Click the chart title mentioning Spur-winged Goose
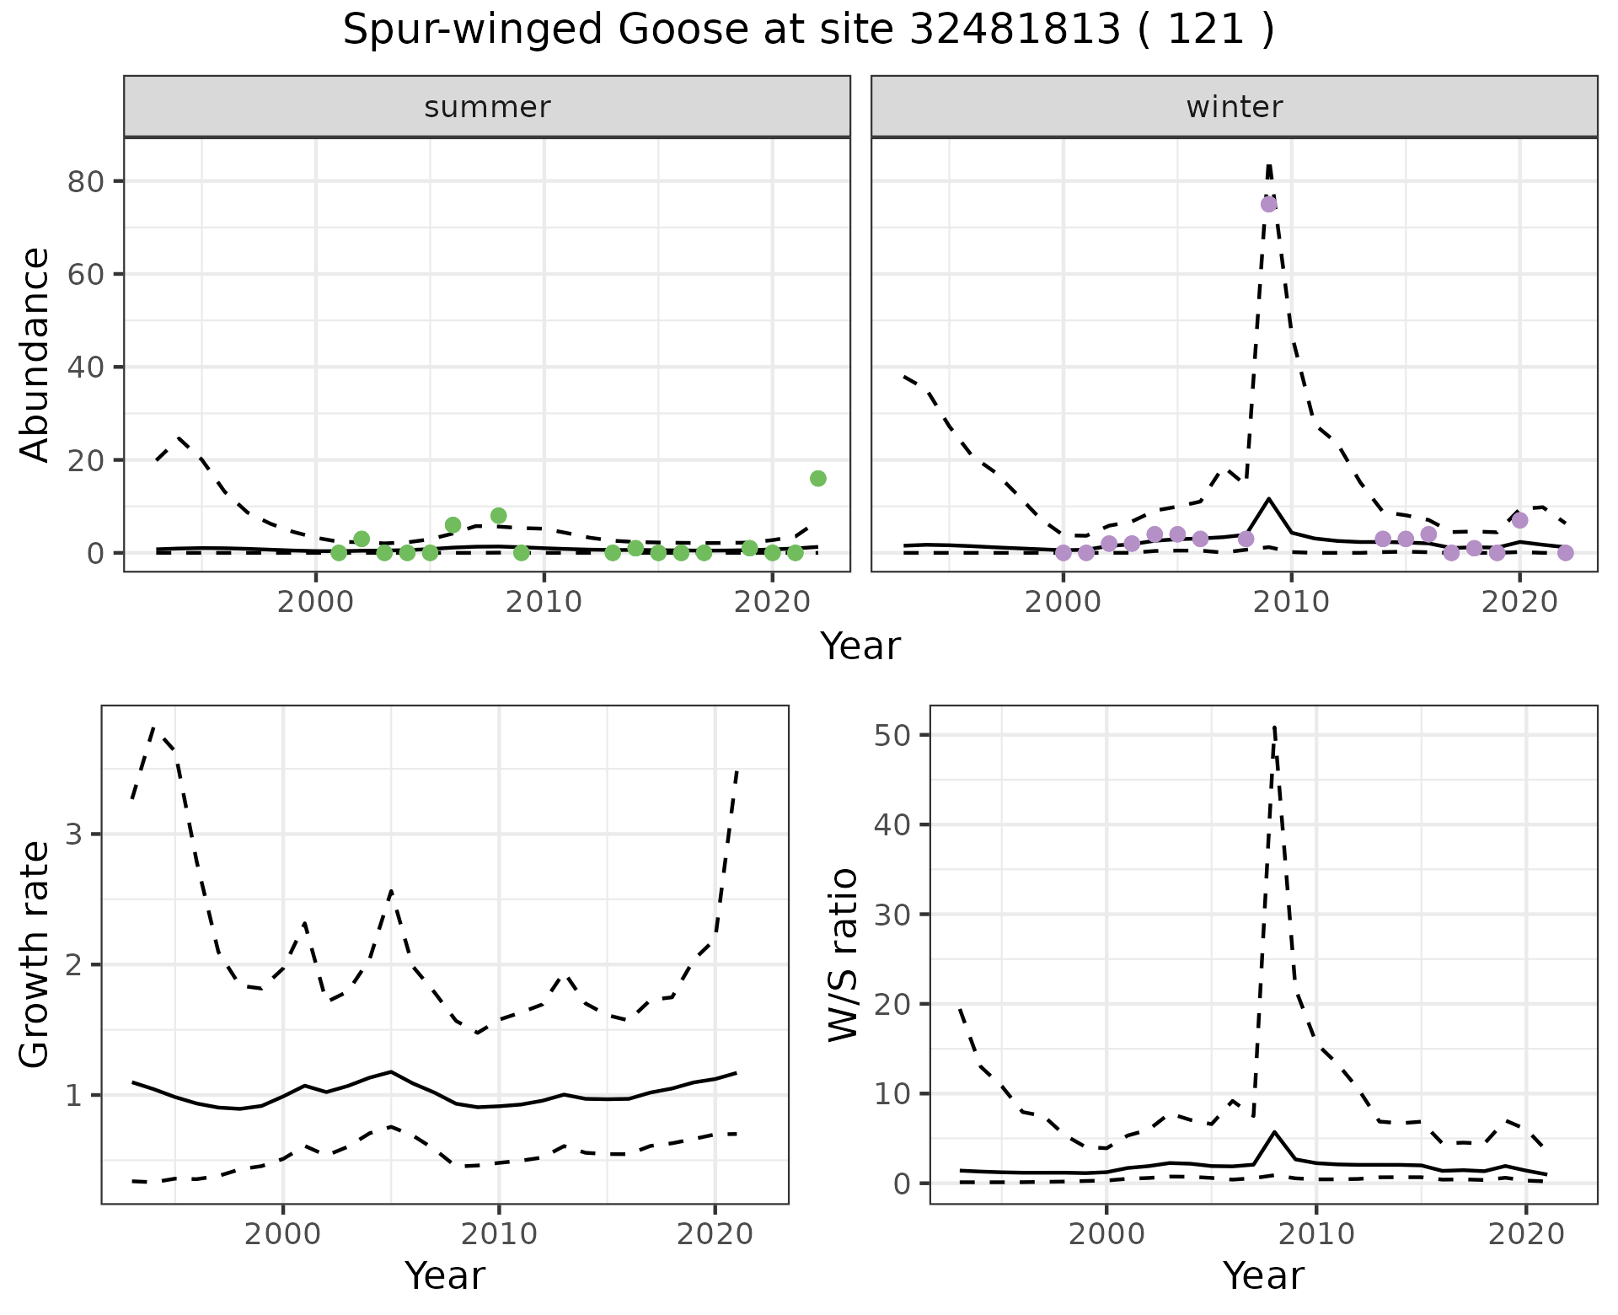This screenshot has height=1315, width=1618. point(808,30)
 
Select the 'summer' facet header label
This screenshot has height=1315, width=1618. point(487,107)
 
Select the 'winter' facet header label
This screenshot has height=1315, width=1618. point(1234,107)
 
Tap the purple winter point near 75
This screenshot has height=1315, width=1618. point(1268,204)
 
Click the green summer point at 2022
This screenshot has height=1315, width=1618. point(817,479)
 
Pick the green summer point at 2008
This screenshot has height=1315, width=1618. point(498,516)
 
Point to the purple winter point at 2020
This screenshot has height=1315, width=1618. point(1519,520)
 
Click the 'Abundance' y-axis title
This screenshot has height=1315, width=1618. point(35,354)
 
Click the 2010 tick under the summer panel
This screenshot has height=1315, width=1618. point(544,602)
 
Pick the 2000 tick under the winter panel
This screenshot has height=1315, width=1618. point(1063,602)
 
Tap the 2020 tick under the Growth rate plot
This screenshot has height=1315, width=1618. point(715,1235)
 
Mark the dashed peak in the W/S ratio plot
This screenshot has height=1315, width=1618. point(1274,727)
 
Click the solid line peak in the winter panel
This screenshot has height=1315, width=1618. point(1268,499)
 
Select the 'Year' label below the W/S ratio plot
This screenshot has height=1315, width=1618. point(1263,1276)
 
